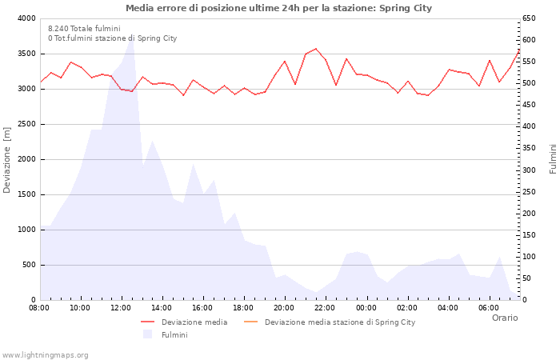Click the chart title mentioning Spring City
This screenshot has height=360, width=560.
pyautogui.click(x=278, y=8)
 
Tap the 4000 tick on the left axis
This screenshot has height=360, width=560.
pyautogui.click(x=26, y=18)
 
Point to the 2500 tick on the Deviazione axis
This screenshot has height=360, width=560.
pyautogui.click(x=26, y=124)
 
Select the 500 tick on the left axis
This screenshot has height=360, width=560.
pyautogui.click(x=28, y=265)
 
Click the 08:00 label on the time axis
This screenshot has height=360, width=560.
pyautogui.click(x=39, y=307)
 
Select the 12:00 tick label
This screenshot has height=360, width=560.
pyautogui.click(x=121, y=307)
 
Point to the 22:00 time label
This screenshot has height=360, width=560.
pyautogui.click(x=325, y=307)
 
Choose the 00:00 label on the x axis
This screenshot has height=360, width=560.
pyautogui.click(x=366, y=307)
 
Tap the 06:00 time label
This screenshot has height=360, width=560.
pyautogui.click(x=488, y=307)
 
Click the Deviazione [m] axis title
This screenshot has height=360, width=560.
pyautogui.click(x=7, y=160)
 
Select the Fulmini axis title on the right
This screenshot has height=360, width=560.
pyautogui.click(x=553, y=158)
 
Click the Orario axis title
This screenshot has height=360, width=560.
pyautogui.click(x=504, y=318)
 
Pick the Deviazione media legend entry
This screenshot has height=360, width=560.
pyautogui.click(x=194, y=322)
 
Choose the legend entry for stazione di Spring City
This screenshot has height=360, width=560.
pyautogui.click(x=339, y=322)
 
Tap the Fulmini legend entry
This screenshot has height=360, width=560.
pyautogui.click(x=174, y=334)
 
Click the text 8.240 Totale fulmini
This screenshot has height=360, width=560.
pyautogui.click(x=84, y=28)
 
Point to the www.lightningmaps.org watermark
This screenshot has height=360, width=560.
pyautogui.click(x=46, y=354)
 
